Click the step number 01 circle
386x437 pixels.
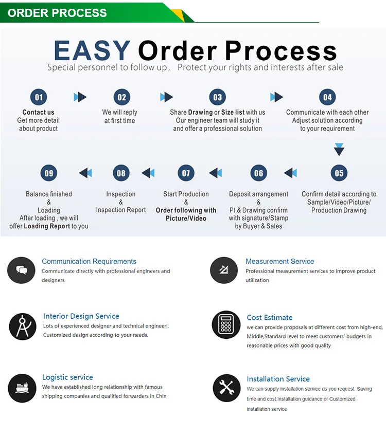(38, 97)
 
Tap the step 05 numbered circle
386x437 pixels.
(339, 173)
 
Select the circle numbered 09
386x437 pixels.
(49, 173)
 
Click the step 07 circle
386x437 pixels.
(186, 173)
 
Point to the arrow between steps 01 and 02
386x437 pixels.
(80, 97)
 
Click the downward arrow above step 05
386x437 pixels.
(339, 150)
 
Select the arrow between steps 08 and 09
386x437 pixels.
(85, 173)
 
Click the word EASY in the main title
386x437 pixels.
(92, 51)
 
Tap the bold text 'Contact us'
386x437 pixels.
(38, 112)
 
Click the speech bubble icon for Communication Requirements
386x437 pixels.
(21, 270)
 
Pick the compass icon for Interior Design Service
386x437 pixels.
(23, 326)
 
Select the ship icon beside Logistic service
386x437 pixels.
(22, 387)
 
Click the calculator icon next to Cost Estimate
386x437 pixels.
(226, 324)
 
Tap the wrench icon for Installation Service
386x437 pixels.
(226, 388)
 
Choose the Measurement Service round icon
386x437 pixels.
(224, 269)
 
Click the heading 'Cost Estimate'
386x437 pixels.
(269, 318)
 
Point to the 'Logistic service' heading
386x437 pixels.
(67, 377)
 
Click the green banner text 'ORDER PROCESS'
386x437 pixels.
(57, 13)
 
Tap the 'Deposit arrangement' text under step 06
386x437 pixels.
(258, 194)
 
